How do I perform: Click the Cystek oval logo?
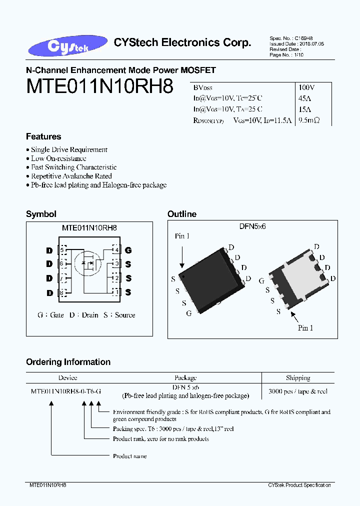coord(68,46)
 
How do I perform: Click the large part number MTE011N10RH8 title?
coord(99,86)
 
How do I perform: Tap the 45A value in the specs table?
coord(304,98)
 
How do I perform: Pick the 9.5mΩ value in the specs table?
coord(308,120)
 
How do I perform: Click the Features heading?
coord(43,136)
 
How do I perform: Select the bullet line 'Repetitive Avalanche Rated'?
coord(71,176)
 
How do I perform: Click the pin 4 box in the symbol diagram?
coord(116,249)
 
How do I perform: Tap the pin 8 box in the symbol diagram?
coord(62,292)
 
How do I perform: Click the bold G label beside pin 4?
coord(128,250)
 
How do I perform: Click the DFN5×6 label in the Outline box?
coord(252,226)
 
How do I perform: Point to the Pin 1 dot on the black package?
coord(184,276)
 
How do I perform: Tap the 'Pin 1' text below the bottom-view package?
coord(305,328)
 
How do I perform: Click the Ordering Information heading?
coord(68,362)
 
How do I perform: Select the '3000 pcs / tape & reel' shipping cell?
coord(298,391)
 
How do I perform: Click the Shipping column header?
coord(298,378)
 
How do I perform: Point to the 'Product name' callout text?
coord(129,456)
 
